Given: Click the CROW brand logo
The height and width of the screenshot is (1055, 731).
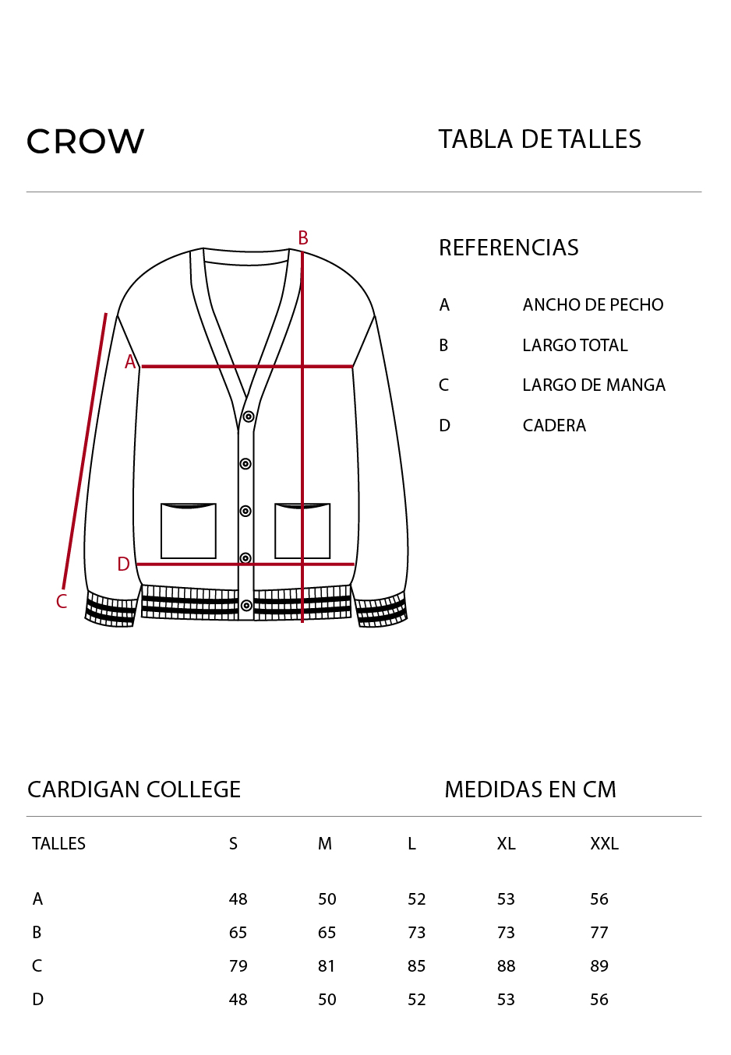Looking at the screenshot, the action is pyautogui.click(x=85, y=141).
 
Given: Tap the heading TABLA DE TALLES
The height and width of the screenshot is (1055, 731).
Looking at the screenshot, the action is pyautogui.click(x=539, y=139).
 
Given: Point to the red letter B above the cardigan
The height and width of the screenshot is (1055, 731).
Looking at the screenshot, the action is pyautogui.click(x=303, y=237).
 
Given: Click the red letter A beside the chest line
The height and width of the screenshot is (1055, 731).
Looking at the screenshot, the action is pyautogui.click(x=130, y=362).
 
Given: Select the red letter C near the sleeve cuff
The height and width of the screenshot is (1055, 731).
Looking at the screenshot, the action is pyautogui.click(x=62, y=601).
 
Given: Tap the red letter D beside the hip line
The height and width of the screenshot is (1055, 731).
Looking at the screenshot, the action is pyautogui.click(x=123, y=564).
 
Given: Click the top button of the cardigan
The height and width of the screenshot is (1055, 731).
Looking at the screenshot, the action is pyautogui.click(x=249, y=417).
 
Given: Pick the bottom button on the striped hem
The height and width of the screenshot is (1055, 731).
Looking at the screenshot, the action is pyautogui.click(x=246, y=605).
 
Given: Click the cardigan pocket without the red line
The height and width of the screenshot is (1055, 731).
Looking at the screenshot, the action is pyautogui.click(x=189, y=531).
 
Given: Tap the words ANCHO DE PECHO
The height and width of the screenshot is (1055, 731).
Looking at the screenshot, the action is pyautogui.click(x=593, y=304).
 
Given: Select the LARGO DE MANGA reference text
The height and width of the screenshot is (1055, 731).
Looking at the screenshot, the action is pyautogui.click(x=594, y=385).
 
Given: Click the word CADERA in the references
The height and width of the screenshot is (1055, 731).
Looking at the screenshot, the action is pyautogui.click(x=554, y=425).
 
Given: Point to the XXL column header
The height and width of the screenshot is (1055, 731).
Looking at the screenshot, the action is pyautogui.click(x=604, y=843).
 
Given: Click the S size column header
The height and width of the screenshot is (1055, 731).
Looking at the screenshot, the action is pyautogui.click(x=233, y=843).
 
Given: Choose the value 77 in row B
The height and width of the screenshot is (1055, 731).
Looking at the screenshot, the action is pyautogui.click(x=599, y=932).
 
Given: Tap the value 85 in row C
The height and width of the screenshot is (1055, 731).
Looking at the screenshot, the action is pyautogui.click(x=417, y=965).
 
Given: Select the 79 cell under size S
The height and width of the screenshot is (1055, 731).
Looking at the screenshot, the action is pyautogui.click(x=238, y=965).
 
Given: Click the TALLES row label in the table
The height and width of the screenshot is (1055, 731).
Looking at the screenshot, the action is pyautogui.click(x=58, y=843).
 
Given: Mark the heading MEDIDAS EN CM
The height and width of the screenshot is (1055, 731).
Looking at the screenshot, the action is pyautogui.click(x=530, y=789).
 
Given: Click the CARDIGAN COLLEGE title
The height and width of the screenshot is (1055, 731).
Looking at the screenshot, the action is pyautogui.click(x=134, y=789).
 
